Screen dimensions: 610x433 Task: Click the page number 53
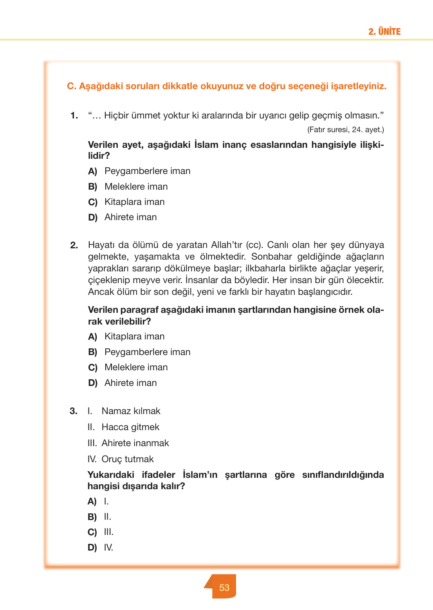click(x=224, y=587)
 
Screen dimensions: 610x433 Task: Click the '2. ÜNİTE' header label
click(x=384, y=32)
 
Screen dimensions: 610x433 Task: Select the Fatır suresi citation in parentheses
click(x=345, y=129)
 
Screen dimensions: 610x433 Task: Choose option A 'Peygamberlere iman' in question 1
click(x=147, y=171)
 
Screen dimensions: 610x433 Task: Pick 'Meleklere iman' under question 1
click(x=136, y=187)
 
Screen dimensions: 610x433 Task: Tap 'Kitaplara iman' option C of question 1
click(x=134, y=202)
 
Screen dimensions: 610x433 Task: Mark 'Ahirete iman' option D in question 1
click(x=130, y=217)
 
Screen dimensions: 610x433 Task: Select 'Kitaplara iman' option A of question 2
click(x=134, y=336)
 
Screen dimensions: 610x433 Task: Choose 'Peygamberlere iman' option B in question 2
click(x=147, y=352)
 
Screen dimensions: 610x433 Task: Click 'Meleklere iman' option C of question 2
click(x=136, y=367)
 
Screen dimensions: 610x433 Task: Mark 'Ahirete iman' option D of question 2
click(x=130, y=383)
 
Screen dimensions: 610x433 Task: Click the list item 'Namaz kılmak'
click(x=131, y=411)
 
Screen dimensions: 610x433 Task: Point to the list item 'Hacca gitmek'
click(x=130, y=427)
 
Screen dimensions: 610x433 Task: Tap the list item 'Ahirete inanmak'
click(x=135, y=443)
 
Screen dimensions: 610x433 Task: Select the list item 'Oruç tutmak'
click(x=128, y=459)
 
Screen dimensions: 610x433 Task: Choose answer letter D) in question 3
click(x=92, y=547)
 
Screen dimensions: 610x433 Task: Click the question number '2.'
click(x=74, y=245)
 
